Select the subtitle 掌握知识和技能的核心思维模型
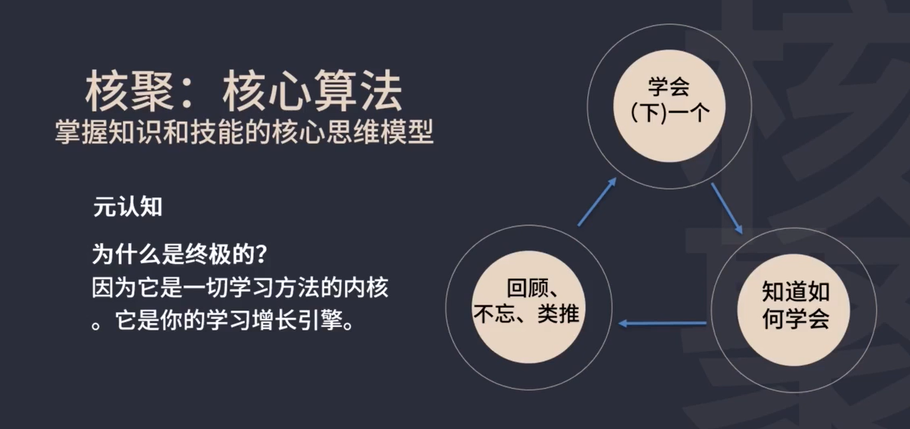pyautogui.click(x=244, y=132)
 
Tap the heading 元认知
pyautogui.click(x=127, y=207)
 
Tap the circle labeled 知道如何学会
pyautogui.click(x=794, y=304)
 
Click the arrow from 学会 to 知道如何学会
pyautogui.click(x=727, y=208)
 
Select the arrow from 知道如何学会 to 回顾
pyautogui.click(x=662, y=324)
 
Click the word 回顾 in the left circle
pyautogui.click(x=526, y=289)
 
